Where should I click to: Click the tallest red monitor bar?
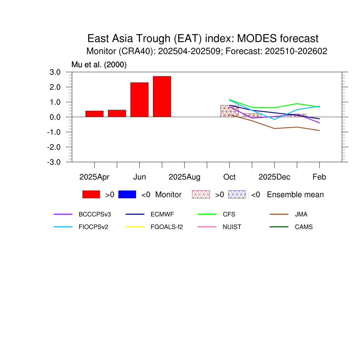[162, 96]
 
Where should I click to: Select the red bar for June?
[139, 99]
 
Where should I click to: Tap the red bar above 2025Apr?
[94, 114]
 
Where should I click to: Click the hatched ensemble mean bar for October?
[229, 111]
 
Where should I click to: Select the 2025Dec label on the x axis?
[274, 177]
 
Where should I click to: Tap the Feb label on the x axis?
[319, 177]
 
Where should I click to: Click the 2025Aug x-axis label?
[184, 177]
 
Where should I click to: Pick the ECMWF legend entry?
[162, 214]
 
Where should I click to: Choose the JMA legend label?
[301, 214]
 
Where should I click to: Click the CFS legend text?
[229, 214]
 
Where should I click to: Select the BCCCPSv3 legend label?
[92, 214]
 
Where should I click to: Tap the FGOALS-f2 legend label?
[167, 227]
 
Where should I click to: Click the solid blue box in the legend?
[127, 194]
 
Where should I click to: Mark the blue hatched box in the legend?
[237, 194]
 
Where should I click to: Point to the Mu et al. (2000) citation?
[99, 65]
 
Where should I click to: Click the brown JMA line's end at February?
[319, 130]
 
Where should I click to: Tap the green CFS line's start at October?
[229, 99]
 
